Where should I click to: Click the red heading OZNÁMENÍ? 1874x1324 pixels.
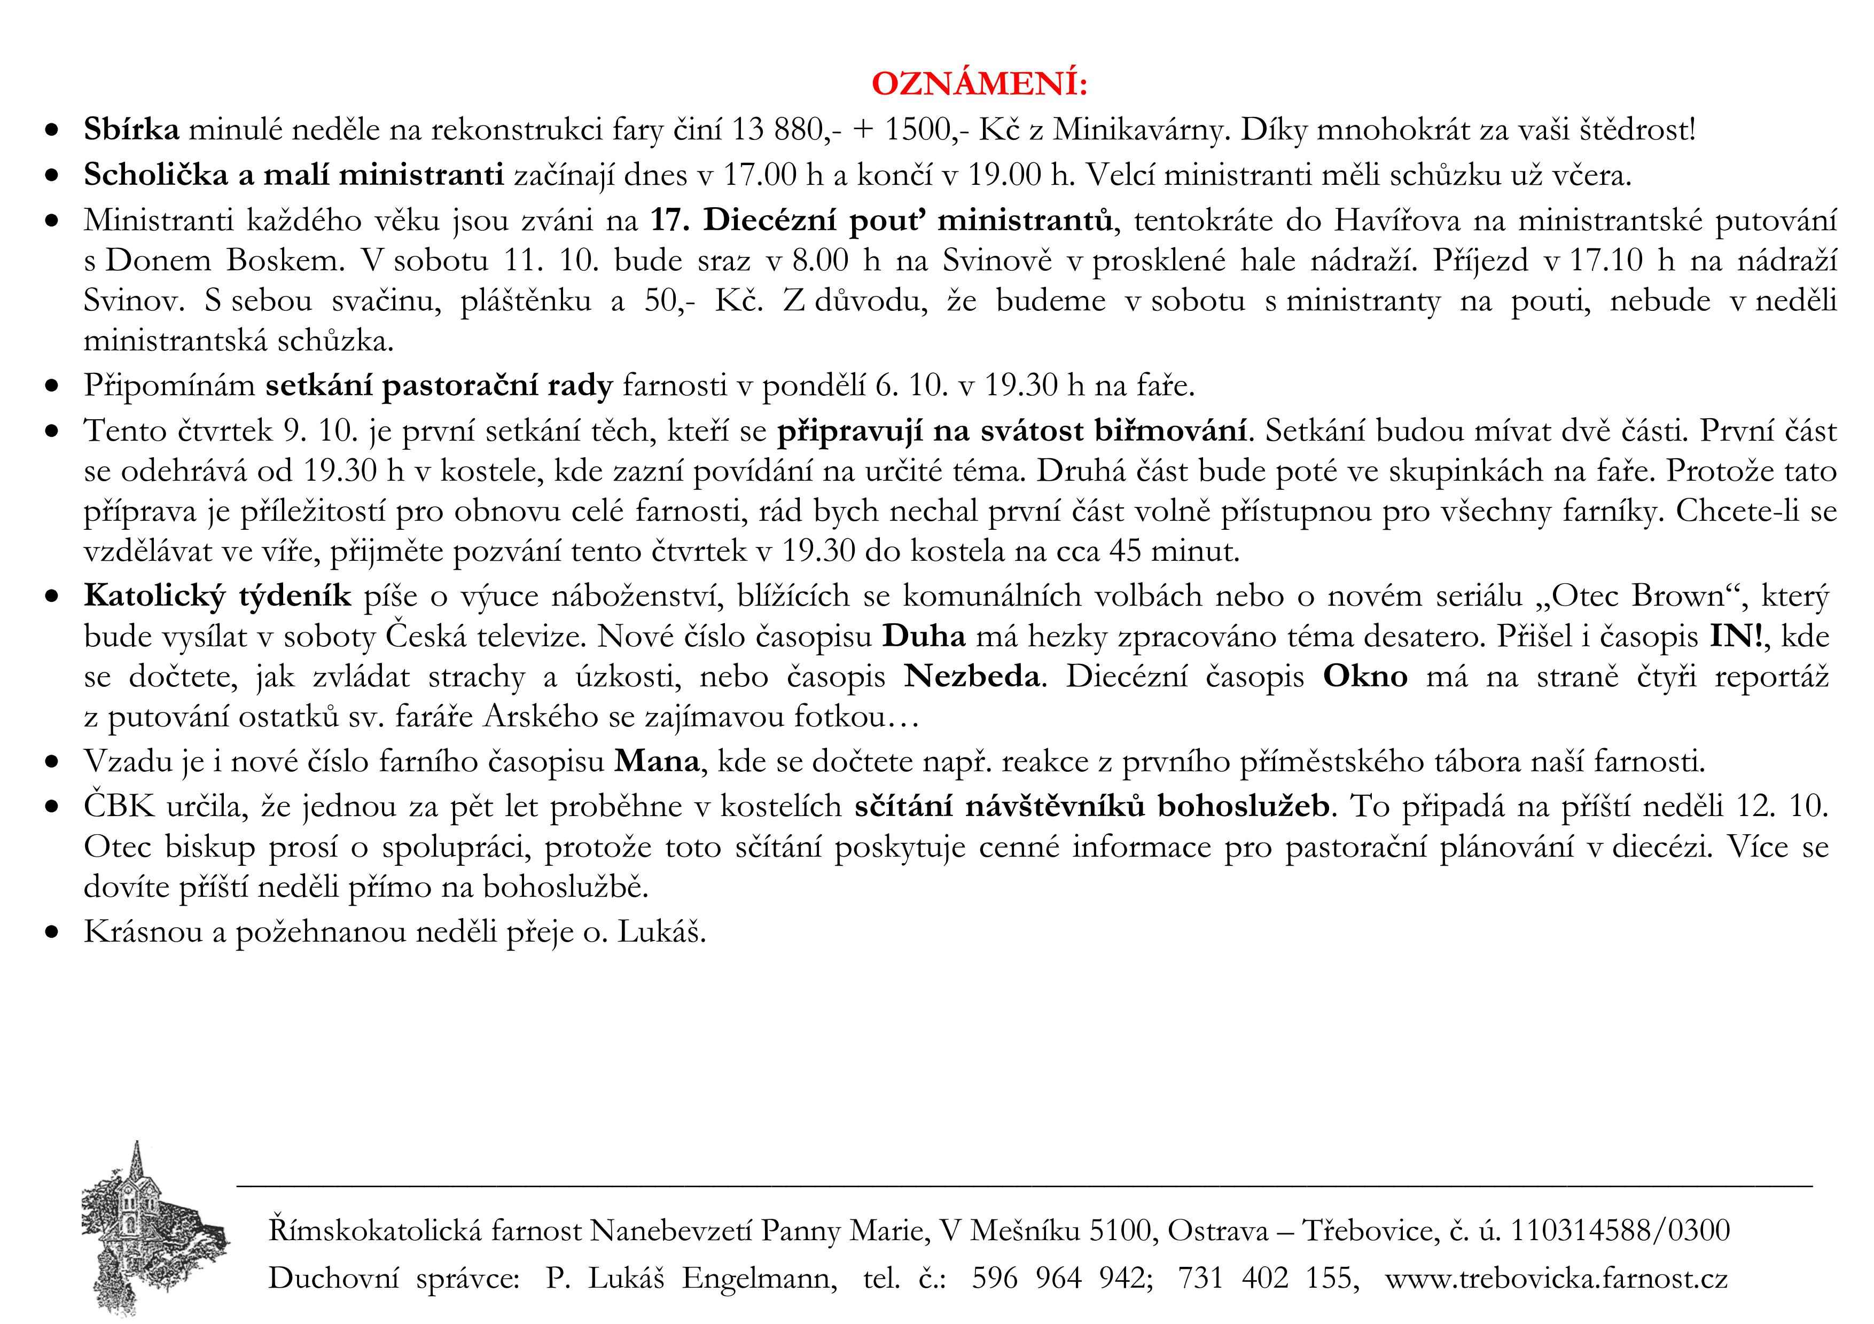[979, 84]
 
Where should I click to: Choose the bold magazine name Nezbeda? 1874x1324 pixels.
[971, 676]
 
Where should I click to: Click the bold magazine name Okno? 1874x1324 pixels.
[1365, 676]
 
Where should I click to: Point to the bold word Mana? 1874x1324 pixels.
[657, 761]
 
